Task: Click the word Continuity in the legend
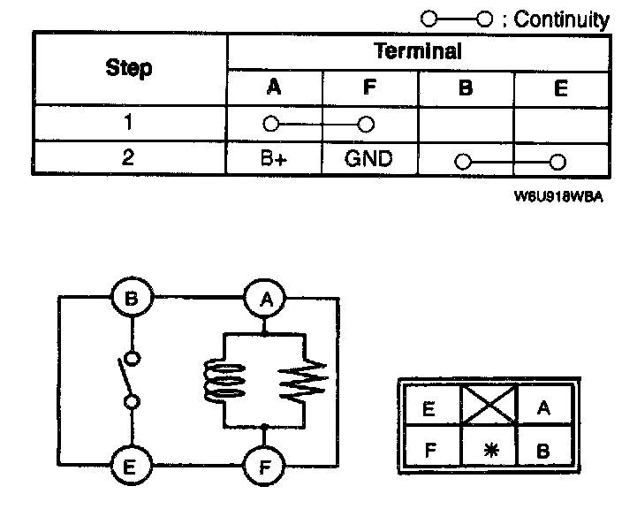562,19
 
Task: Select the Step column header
129,68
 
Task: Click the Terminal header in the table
417,51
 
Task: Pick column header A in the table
274,88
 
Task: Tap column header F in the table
368,88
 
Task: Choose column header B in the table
466,88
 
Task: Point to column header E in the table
561,88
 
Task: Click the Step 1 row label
129,123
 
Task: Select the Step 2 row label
129,159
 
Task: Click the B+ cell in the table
274,160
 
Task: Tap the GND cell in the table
368,160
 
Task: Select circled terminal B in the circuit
132,299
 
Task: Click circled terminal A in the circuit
263,299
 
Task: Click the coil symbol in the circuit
224,380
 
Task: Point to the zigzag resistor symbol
302,380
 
